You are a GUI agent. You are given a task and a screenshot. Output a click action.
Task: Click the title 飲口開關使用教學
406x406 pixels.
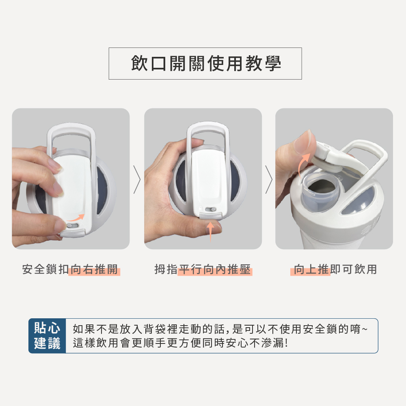pyautogui.click(x=206, y=63)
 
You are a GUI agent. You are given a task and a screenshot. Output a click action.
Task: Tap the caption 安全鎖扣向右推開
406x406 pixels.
pyautogui.click(x=70, y=269)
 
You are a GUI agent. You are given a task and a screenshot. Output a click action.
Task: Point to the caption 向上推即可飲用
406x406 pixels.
pyautogui.click(x=335, y=269)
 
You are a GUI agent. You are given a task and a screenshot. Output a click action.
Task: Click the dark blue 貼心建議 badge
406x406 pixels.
pyautogui.click(x=47, y=336)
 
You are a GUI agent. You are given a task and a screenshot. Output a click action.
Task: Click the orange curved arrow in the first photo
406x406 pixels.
pyautogui.click(x=76, y=218)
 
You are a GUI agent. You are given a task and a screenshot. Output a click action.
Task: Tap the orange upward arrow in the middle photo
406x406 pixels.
pyautogui.click(x=210, y=231)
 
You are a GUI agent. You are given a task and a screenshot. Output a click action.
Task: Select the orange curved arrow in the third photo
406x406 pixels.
pyautogui.click(x=303, y=166)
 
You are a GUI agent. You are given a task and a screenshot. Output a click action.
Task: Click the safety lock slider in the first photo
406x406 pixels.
pyautogui.click(x=72, y=226)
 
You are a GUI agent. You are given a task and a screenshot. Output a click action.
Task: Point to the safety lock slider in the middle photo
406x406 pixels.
pyautogui.click(x=210, y=209)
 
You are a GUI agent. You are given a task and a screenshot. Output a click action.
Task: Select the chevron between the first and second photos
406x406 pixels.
pyautogui.click(x=137, y=179)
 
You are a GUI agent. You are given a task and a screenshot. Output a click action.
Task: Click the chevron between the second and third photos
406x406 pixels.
pyautogui.click(x=269, y=179)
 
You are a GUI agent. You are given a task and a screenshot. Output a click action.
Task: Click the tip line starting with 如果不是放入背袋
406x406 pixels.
pyautogui.click(x=220, y=329)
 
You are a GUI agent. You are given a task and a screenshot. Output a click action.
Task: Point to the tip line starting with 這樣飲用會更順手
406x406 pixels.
pyautogui.click(x=181, y=343)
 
